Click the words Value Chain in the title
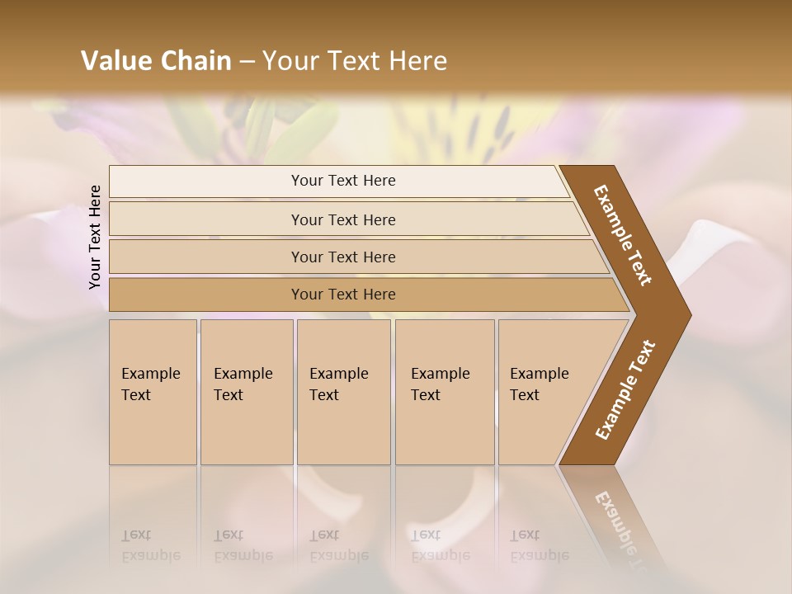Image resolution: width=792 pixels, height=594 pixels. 156,61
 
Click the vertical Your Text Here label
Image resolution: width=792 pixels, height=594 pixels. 95,237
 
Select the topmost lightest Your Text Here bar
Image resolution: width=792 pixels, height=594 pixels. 343,181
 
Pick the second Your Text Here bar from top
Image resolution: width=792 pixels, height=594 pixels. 343,219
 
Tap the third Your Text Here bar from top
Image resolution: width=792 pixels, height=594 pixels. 343,257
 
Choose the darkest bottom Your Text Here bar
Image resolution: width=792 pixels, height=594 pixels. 343,295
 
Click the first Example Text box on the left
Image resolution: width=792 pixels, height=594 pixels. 153,392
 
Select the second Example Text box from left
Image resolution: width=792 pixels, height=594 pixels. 246,392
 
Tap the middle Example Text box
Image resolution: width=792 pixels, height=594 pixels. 343,392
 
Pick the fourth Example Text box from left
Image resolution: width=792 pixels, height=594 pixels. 444,392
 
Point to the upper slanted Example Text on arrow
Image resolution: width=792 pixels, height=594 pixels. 623,235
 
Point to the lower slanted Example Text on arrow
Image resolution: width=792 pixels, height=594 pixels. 625,390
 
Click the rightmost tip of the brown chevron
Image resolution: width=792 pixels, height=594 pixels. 689,315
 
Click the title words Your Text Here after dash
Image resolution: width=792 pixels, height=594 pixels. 355,61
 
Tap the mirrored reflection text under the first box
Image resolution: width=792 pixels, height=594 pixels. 150,545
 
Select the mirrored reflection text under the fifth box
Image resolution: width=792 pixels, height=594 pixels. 539,545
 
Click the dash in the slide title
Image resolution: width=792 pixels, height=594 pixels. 247,61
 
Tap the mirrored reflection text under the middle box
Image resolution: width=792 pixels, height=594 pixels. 338,545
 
